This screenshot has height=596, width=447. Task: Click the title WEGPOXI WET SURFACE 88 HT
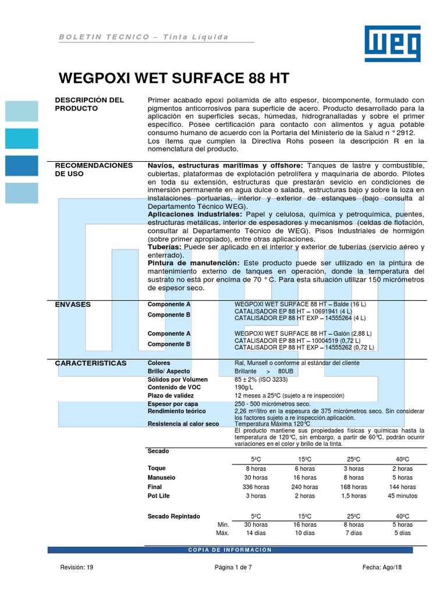click(x=175, y=78)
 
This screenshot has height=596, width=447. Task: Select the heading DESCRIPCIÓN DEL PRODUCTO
click(x=89, y=104)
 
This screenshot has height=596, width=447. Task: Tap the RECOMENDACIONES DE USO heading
click(x=94, y=169)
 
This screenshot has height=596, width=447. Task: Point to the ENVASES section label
click(x=73, y=304)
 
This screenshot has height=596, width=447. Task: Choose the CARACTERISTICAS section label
click(x=91, y=363)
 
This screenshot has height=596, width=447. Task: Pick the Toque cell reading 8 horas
click(x=256, y=469)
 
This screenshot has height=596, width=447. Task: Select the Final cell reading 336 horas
click(x=256, y=487)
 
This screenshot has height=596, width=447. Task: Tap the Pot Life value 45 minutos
click(x=402, y=496)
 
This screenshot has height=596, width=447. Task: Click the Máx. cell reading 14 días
click(x=256, y=533)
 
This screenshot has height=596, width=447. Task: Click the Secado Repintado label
click(x=174, y=516)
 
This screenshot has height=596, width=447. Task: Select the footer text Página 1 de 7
click(x=233, y=567)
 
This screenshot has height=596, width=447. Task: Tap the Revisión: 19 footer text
click(x=77, y=567)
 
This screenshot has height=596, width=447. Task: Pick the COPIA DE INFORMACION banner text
click(x=231, y=550)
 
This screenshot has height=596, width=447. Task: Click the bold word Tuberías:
click(x=165, y=247)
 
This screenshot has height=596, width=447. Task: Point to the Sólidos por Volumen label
click(x=178, y=379)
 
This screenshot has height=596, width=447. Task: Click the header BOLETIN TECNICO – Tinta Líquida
click(x=143, y=37)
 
